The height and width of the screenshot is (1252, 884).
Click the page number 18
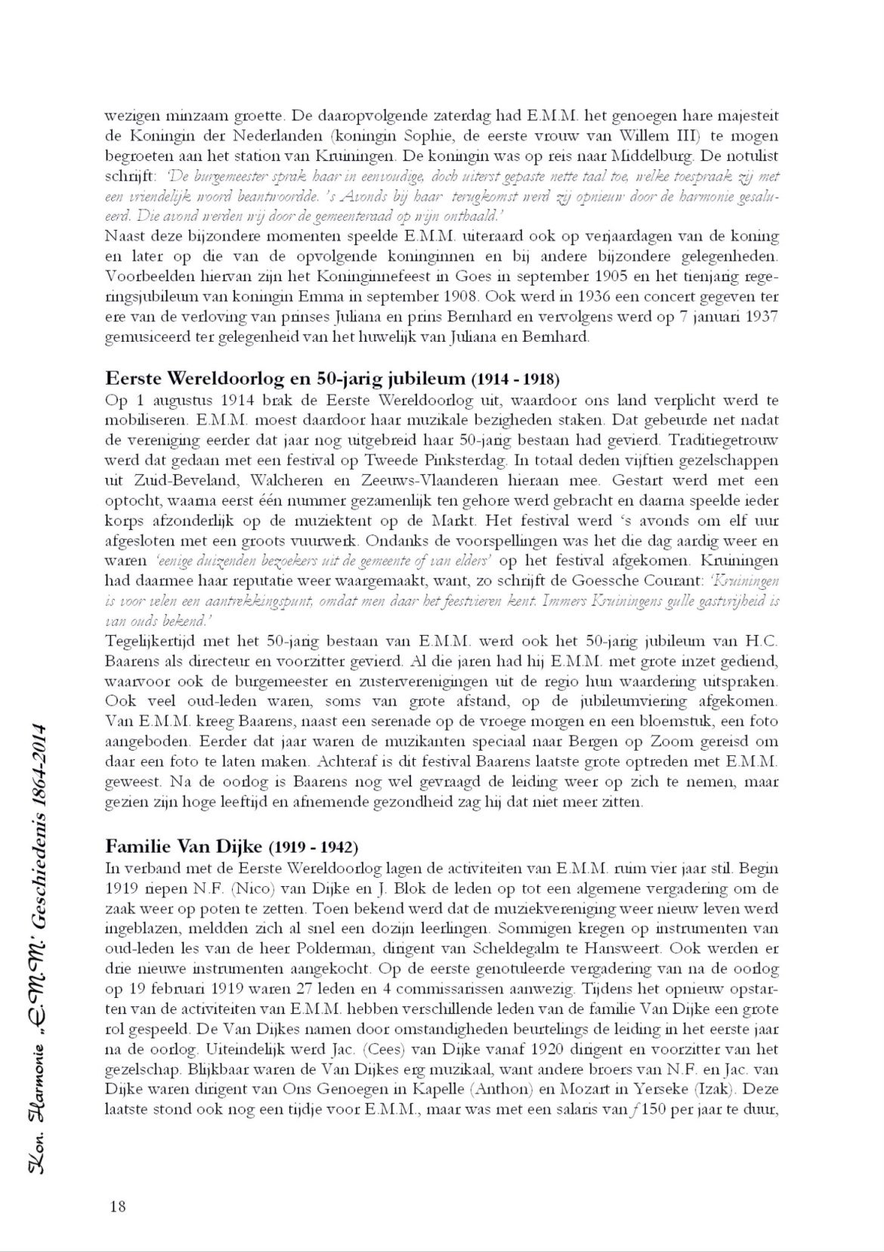(116, 1206)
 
